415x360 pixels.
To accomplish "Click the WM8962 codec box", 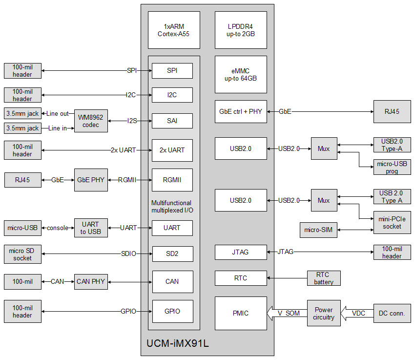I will click(91, 121).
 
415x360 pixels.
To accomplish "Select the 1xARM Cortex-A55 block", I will click(174, 30).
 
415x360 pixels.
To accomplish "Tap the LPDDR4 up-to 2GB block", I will click(241, 30).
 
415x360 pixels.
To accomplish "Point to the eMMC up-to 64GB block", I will click(241, 74).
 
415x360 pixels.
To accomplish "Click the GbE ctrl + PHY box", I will click(241, 111).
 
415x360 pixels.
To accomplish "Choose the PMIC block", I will click(241, 313).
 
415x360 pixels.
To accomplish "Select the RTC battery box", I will click(324, 278).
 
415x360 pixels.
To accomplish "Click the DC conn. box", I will click(392, 313).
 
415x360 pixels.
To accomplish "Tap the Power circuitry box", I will click(324, 313).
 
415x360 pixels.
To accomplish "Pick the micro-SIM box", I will click(318, 230).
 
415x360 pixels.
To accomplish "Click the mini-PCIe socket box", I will click(392, 223).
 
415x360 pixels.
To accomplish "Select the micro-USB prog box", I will click(392, 167).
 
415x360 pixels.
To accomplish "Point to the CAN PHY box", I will click(91, 281).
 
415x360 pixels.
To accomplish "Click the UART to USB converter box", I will click(91, 228).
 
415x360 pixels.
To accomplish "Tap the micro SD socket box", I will click(22, 254).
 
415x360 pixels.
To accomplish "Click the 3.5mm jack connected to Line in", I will click(22, 128).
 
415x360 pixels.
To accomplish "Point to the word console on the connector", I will click(58, 228).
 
